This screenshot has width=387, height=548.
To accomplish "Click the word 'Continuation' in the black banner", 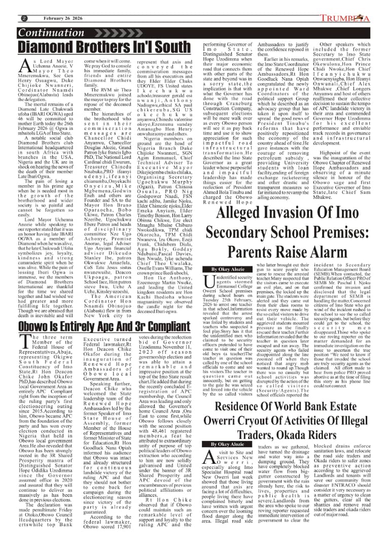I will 50,33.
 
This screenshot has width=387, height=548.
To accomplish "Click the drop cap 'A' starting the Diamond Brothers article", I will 23,65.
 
